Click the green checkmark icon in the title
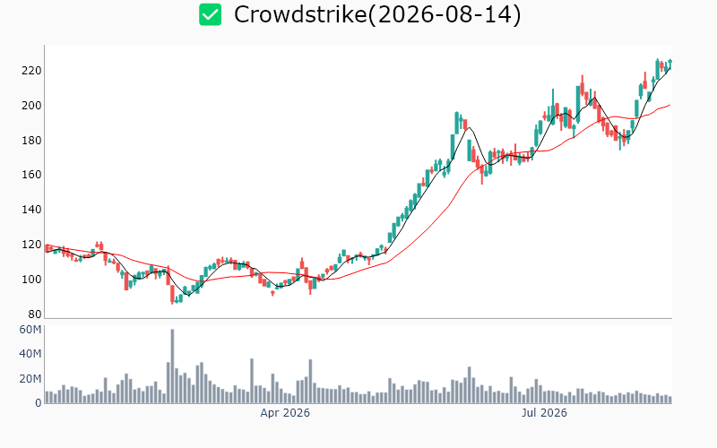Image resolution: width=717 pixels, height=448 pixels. click(x=211, y=14)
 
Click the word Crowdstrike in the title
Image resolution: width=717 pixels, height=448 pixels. click(x=300, y=14)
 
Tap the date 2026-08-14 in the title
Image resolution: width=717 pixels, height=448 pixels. click(x=444, y=14)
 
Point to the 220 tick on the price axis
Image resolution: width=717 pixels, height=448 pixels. click(x=31, y=71)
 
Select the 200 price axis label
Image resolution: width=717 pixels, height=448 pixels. click(x=31, y=105)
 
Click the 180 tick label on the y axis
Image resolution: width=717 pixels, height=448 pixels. click(x=31, y=140)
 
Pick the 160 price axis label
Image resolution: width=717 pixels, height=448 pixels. click(x=31, y=175)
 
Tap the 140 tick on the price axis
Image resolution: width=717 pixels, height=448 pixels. click(x=31, y=210)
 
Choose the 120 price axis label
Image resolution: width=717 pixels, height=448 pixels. click(x=31, y=244)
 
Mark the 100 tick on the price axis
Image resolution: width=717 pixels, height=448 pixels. click(x=31, y=279)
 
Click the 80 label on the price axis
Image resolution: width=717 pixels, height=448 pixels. click(x=35, y=314)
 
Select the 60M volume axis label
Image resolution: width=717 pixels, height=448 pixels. click(x=30, y=330)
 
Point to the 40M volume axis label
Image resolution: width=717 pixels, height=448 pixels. click(x=30, y=354)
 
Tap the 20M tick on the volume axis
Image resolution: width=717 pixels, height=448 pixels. click(x=30, y=378)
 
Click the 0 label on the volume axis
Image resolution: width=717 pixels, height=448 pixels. click(x=39, y=403)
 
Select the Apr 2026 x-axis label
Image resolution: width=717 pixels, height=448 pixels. click(x=285, y=413)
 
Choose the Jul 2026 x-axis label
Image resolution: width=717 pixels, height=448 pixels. click(x=544, y=413)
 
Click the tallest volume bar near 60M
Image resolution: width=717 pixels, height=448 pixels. click(x=172, y=366)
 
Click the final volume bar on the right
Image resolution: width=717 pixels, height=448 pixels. click(x=670, y=400)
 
